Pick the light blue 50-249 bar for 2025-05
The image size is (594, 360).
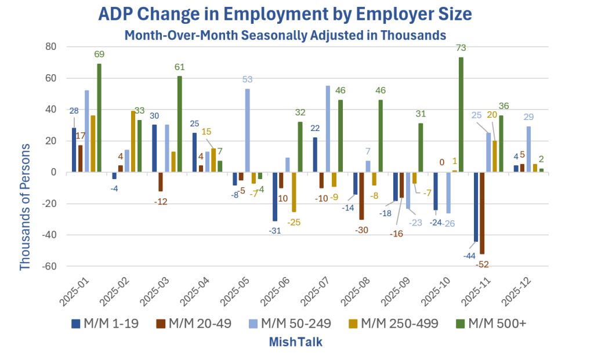point(247,130)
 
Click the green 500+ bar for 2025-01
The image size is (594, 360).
point(99,118)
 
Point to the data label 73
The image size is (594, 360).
point(461,50)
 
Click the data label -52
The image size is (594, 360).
point(483,264)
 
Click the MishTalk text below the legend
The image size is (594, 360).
point(295,342)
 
